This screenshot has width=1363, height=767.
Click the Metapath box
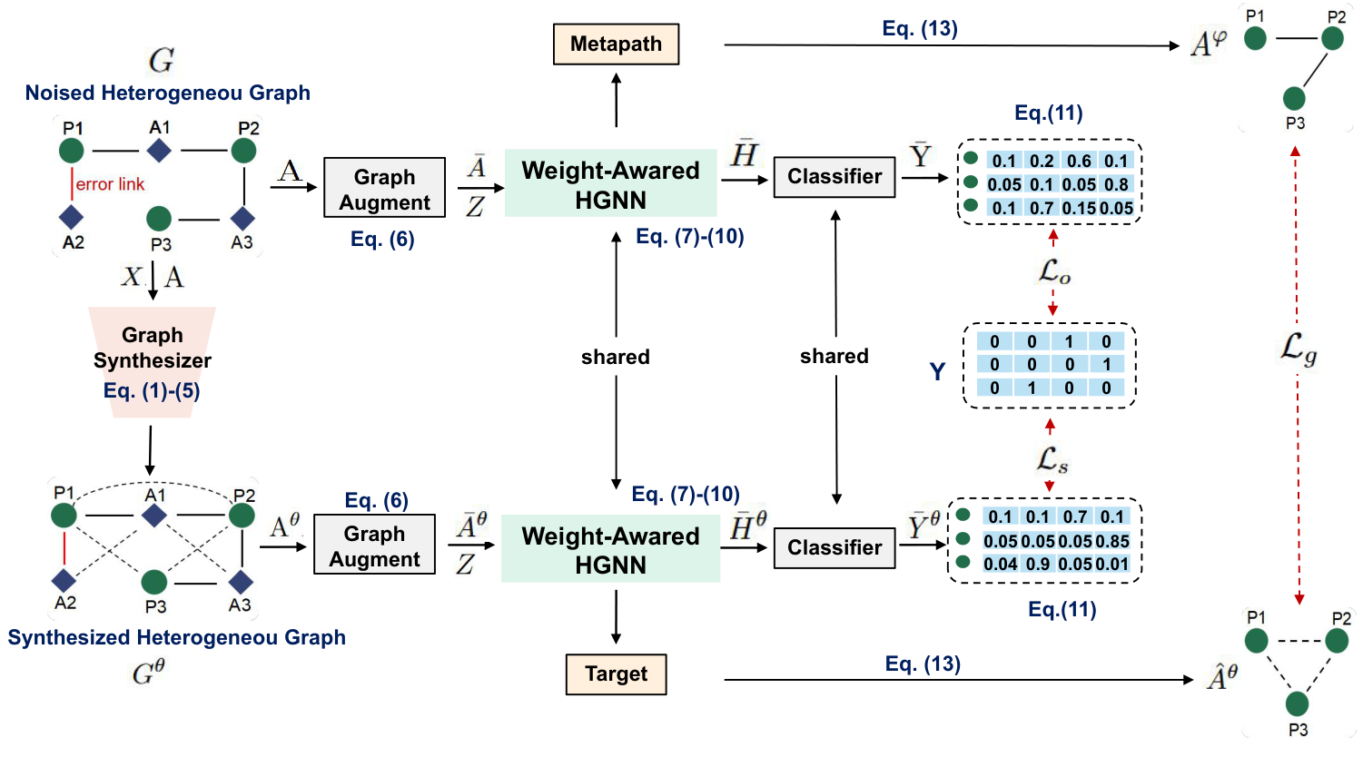[x=616, y=44]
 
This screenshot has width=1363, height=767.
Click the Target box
[x=616, y=674]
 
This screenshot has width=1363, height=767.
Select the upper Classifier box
[x=834, y=176]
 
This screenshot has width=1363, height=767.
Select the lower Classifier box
[x=834, y=547]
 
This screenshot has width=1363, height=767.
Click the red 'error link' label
[x=110, y=184]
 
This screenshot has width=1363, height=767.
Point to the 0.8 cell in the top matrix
[x=1116, y=184]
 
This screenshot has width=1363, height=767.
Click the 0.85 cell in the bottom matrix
[x=1112, y=541]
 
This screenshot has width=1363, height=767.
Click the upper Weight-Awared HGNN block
[x=610, y=184]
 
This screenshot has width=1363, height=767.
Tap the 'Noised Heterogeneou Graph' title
[x=167, y=93]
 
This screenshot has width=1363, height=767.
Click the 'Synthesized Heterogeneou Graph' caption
[x=176, y=637]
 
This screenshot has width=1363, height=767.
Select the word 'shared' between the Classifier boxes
[x=834, y=356]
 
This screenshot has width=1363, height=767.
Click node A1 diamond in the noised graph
[x=159, y=150]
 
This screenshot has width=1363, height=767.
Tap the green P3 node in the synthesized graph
[x=154, y=581]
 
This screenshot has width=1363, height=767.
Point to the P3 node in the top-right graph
[x=1294, y=98]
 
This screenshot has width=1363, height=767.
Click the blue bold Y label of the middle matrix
[x=937, y=371]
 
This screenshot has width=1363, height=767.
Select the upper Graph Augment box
[x=384, y=189]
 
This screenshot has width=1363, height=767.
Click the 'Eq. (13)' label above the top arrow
[x=919, y=28]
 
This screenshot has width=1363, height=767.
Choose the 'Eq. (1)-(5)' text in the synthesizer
[x=152, y=390]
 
